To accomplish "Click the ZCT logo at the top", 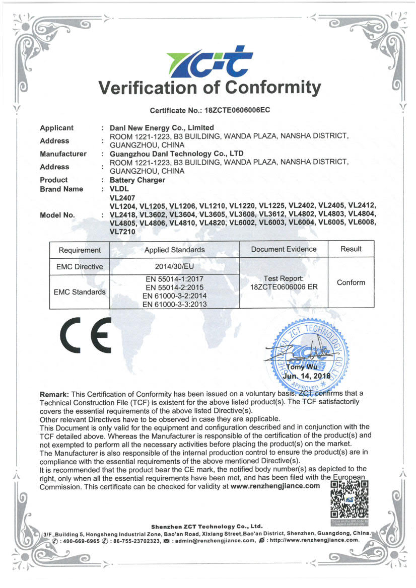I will (x=208, y=63).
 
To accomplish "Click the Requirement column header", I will (x=80, y=250).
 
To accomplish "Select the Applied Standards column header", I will (x=174, y=250).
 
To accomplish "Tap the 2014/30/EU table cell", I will (x=174, y=266).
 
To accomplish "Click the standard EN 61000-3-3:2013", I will (x=174, y=304).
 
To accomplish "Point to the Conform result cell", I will (x=351, y=282).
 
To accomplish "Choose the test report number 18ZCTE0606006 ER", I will (x=284, y=287).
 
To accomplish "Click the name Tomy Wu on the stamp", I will (x=302, y=367).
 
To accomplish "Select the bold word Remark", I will (x=55, y=394).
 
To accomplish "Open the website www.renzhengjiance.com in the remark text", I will (x=275, y=486).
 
